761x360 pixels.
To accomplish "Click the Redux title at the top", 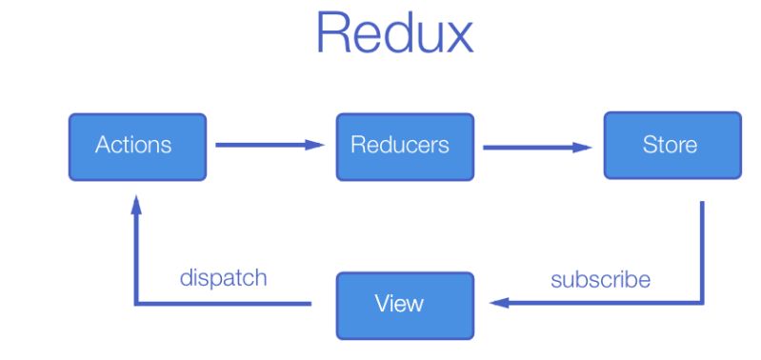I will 393,33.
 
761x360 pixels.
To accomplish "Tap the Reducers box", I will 405,147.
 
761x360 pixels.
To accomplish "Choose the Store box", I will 671,146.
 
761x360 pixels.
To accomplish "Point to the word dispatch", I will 223,279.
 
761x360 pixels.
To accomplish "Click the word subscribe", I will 600,280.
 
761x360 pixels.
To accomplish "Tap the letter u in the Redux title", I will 424,38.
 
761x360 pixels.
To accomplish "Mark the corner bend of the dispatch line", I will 137,303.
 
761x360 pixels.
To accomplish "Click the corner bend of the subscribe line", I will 703,303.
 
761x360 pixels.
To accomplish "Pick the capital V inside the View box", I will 381,305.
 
